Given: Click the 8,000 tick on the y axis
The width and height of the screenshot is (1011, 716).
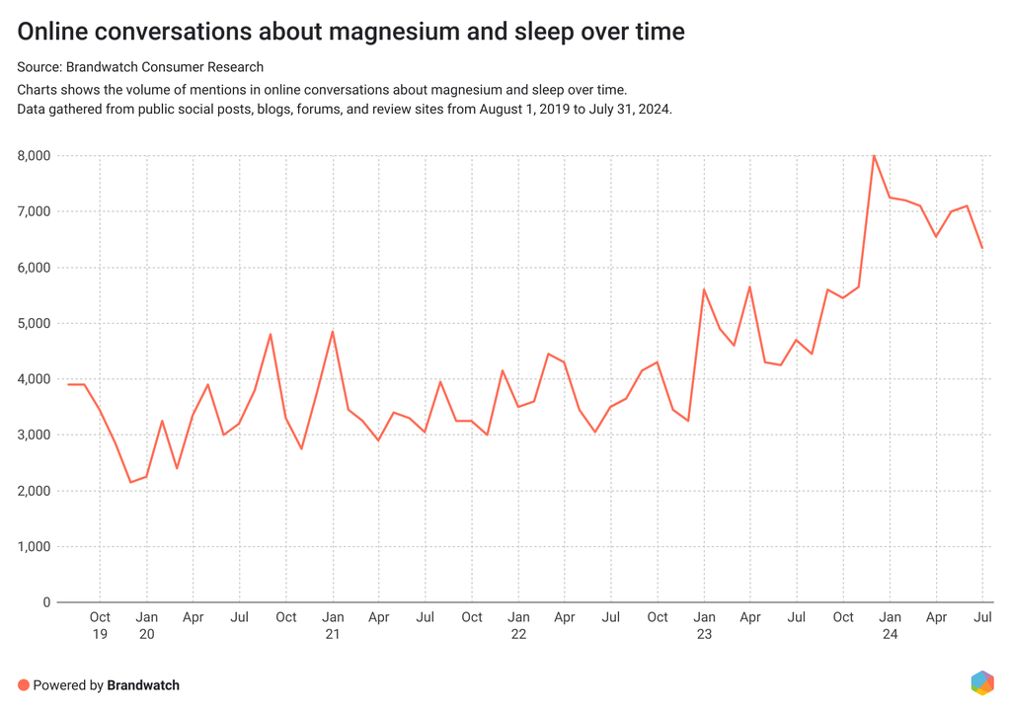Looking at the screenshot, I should click(x=35, y=156).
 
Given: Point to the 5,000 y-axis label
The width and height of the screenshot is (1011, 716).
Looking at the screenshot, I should click(x=35, y=324).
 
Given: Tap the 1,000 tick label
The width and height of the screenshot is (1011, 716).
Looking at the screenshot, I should click(x=35, y=547).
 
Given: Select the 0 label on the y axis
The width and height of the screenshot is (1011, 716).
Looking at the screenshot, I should click(x=45, y=602).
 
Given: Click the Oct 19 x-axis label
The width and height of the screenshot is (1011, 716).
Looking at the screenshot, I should click(x=100, y=626).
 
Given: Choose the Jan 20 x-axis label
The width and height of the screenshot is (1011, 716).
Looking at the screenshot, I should click(x=146, y=626).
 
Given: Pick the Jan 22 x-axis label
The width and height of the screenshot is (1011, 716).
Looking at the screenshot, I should click(x=518, y=626).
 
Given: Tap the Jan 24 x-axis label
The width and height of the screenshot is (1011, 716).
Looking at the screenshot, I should click(x=890, y=626).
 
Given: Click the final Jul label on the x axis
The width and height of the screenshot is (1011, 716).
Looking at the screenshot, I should click(x=983, y=617).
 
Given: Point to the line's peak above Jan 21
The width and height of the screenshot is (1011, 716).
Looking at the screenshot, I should click(x=333, y=331).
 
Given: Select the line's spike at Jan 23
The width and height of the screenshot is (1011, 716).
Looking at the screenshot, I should click(x=704, y=289).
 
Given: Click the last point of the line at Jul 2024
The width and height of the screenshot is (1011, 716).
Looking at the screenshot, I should click(x=982, y=248).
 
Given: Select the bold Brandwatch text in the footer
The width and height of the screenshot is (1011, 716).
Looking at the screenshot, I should click(x=143, y=684).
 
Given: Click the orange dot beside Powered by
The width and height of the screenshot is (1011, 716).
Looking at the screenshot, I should click(x=24, y=684).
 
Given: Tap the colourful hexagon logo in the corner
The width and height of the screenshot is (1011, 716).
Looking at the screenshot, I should click(x=981, y=682).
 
